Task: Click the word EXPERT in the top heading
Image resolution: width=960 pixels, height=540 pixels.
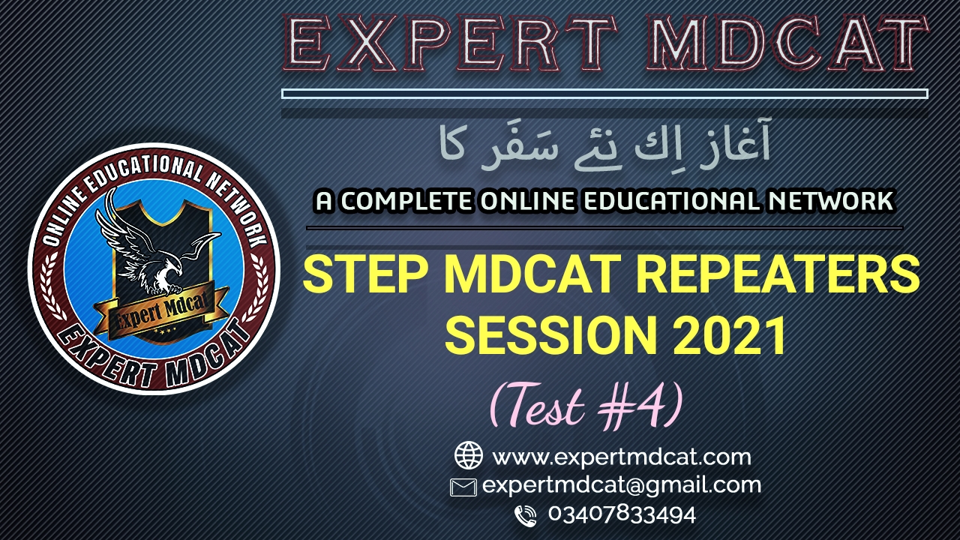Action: point(450,44)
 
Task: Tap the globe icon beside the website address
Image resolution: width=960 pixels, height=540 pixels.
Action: point(469,455)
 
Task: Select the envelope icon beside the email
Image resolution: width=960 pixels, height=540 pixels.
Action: point(463,487)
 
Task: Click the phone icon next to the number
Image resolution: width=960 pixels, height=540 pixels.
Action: point(526,515)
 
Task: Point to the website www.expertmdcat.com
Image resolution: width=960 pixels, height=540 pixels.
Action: point(622,457)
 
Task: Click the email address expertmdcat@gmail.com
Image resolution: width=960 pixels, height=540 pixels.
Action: point(622,486)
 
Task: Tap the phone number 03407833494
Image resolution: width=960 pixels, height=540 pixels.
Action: point(622,514)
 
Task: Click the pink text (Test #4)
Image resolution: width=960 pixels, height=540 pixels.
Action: point(586,405)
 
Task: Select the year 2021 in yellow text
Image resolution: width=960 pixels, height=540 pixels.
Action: point(730,334)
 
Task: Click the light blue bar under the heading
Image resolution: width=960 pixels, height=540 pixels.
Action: point(604,94)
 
